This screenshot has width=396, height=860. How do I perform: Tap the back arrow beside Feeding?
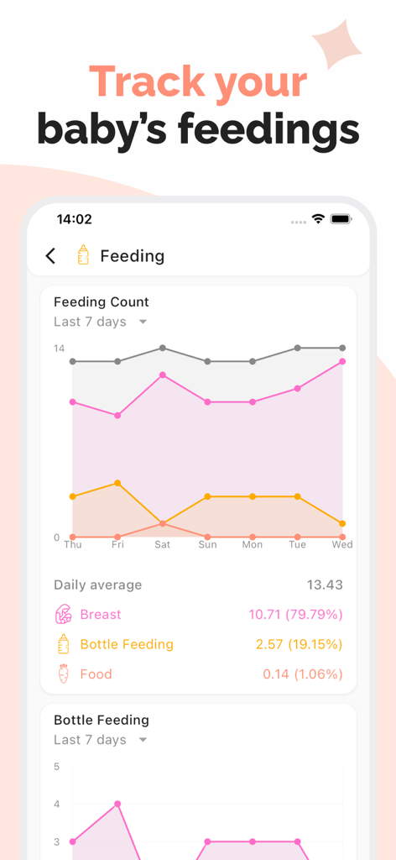(x=50, y=256)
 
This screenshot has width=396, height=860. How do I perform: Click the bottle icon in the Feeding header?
(x=83, y=255)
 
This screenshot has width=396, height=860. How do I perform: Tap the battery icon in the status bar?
(x=341, y=219)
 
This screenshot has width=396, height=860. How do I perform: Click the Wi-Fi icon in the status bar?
(x=318, y=219)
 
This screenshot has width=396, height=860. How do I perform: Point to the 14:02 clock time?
(x=74, y=219)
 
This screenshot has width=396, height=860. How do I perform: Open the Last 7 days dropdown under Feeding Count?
(x=101, y=322)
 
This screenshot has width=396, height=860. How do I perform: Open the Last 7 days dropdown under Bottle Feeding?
(x=101, y=740)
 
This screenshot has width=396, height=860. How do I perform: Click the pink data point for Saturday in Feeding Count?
(x=163, y=375)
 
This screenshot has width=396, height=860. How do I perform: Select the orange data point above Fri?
(x=117, y=483)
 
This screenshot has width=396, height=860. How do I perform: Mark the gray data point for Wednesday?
(x=342, y=348)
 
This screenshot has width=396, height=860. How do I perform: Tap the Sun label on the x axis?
(x=207, y=545)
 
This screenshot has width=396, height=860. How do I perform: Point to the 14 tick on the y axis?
(x=59, y=348)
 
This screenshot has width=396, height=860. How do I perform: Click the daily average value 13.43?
(x=325, y=585)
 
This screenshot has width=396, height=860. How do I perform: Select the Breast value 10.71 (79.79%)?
(x=295, y=615)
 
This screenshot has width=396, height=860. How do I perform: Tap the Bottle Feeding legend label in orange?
(x=127, y=644)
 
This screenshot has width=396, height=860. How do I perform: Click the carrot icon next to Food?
(x=63, y=674)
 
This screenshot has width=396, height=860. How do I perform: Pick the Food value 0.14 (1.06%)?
(x=302, y=674)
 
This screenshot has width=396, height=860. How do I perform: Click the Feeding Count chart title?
(x=102, y=302)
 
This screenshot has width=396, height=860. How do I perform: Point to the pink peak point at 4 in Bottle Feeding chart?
(x=117, y=804)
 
